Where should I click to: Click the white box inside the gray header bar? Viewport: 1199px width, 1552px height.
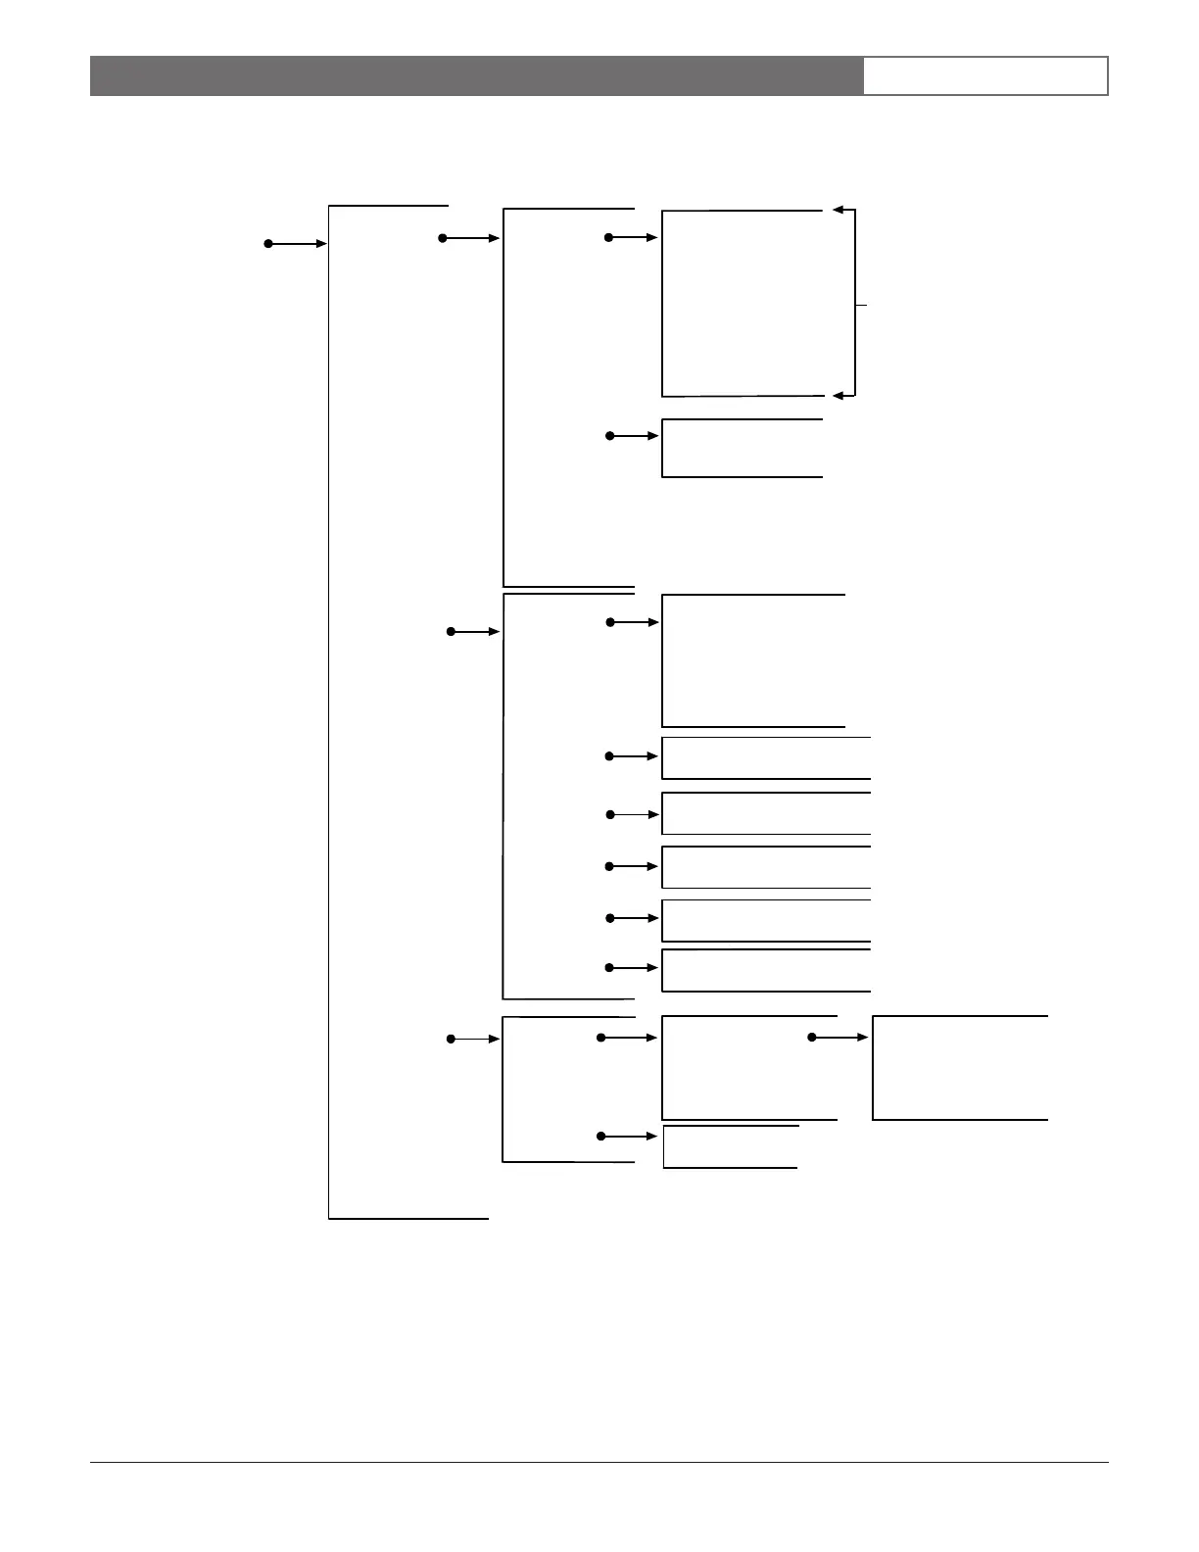[x=984, y=75]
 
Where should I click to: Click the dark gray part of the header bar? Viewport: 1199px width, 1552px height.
[x=476, y=75]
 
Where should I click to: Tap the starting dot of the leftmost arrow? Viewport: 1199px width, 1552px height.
[x=267, y=243]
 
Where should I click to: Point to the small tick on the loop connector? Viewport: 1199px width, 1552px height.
[x=861, y=306]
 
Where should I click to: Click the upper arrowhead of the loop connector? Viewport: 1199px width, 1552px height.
[x=839, y=210]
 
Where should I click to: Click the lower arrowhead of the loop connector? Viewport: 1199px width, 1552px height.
[x=839, y=395]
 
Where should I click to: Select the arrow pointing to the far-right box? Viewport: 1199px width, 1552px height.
[x=839, y=1037]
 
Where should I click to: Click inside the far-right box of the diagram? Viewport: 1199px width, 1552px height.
[x=960, y=1068]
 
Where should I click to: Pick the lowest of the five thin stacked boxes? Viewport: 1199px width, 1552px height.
[x=766, y=970]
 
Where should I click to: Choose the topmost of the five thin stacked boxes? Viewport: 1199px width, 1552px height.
[x=766, y=757]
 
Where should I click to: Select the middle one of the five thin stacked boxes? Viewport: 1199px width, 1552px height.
[x=766, y=867]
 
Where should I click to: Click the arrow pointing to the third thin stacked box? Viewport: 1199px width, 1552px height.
[x=634, y=866]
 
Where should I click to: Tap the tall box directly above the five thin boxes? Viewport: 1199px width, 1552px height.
[x=752, y=660]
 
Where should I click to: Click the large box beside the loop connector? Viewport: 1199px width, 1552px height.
[x=742, y=303]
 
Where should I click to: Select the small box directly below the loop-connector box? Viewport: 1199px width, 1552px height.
[x=742, y=448]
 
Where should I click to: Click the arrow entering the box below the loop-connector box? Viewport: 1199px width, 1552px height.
[x=634, y=435]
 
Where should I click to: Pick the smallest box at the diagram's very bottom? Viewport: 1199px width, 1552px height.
[x=730, y=1146]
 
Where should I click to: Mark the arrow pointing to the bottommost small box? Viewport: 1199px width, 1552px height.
[x=629, y=1136]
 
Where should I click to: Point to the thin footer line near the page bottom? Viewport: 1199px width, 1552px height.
[x=599, y=1463]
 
